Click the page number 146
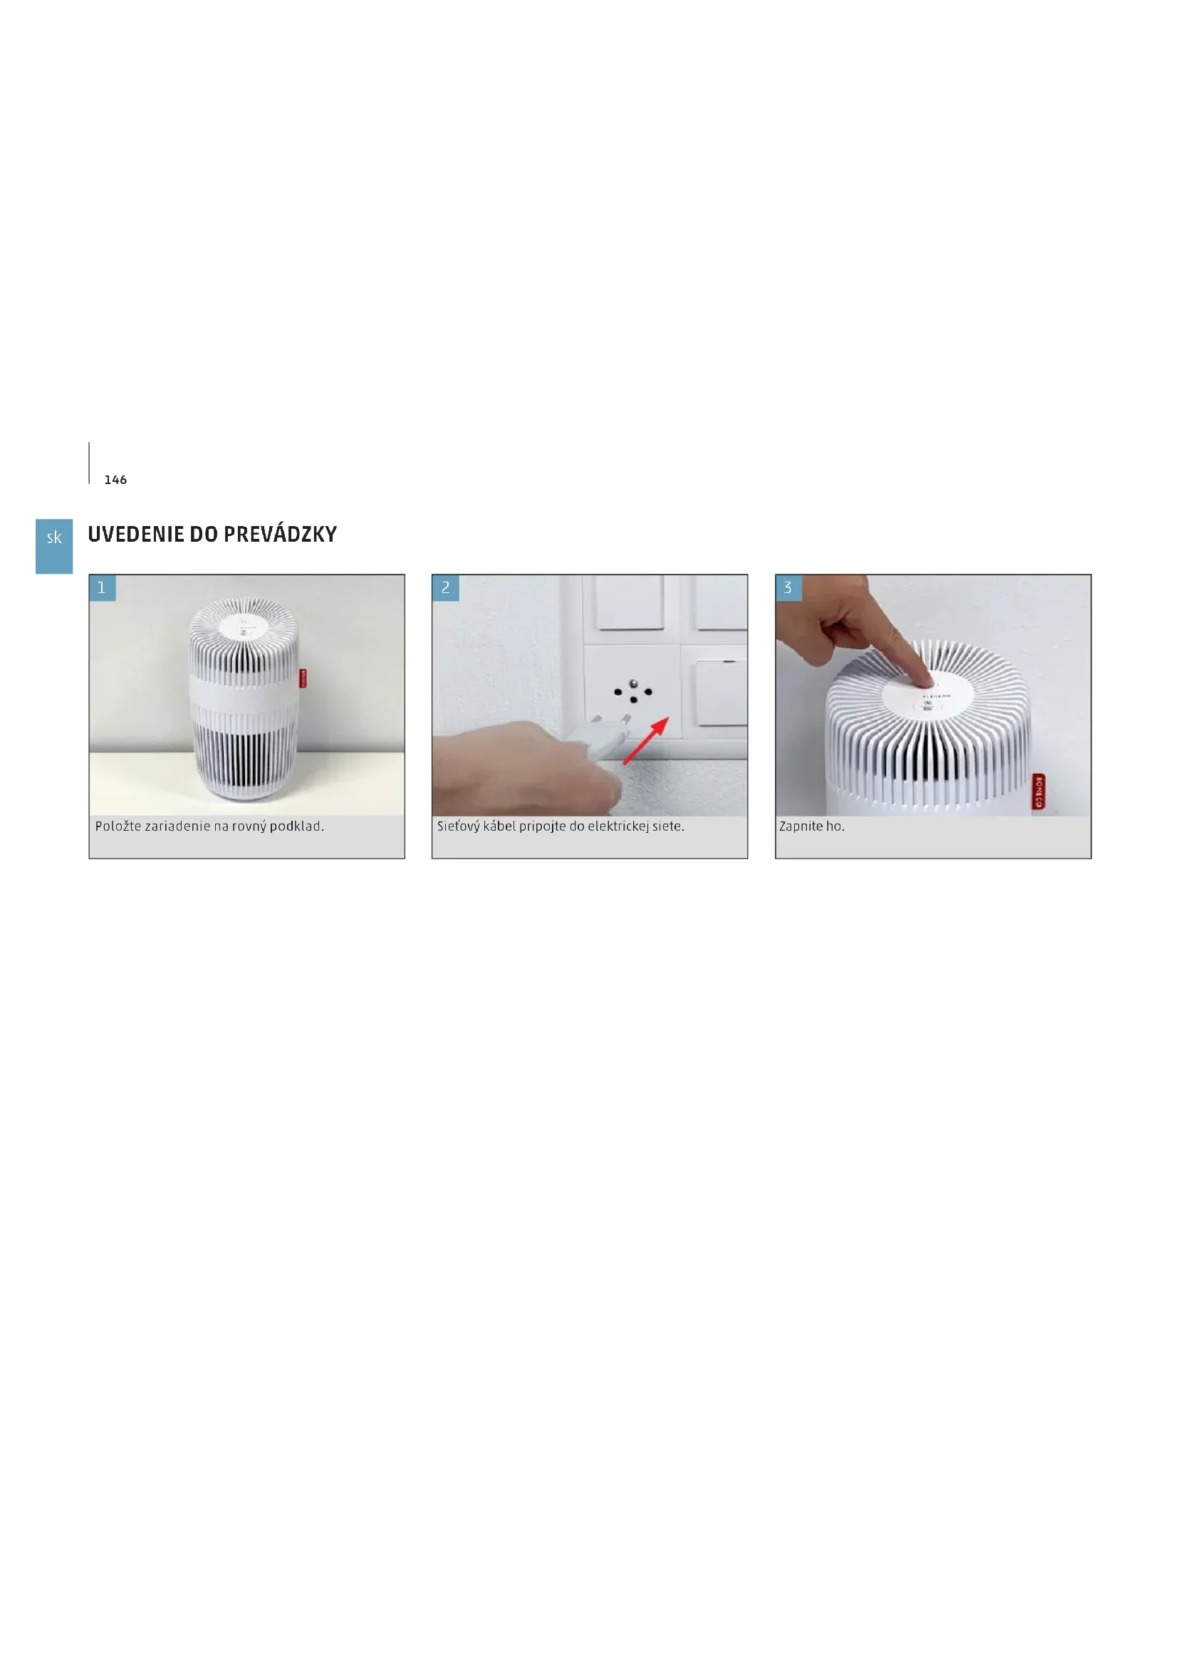pyautogui.click(x=115, y=480)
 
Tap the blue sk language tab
pyautogui.click(x=54, y=546)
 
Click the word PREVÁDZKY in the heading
pyautogui.click(x=280, y=535)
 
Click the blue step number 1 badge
pyautogui.click(x=103, y=588)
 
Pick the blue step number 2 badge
pyautogui.click(x=445, y=588)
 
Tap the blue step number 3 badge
pyautogui.click(x=788, y=588)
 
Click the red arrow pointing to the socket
pyautogui.click(x=645, y=740)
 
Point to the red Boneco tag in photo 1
pyautogui.click(x=303, y=678)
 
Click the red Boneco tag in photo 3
pyautogui.click(x=1038, y=791)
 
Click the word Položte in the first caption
pyautogui.click(x=118, y=826)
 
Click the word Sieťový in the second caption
pyautogui.click(x=459, y=826)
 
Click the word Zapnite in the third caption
pyautogui.click(x=801, y=826)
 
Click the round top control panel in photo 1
pyautogui.click(x=244, y=627)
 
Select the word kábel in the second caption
pyautogui.click(x=500, y=826)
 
